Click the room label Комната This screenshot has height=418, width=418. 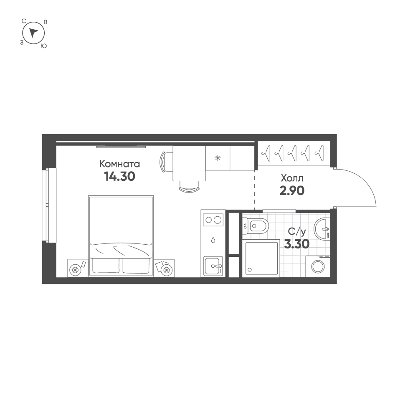[119, 164]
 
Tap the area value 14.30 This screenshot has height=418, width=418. [119, 177]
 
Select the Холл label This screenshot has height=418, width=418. [292, 178]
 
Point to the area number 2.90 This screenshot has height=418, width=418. [292, 191]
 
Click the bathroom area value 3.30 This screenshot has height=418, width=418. [296, 244]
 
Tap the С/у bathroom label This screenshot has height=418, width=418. [296, 231]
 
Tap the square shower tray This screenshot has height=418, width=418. [262, 258]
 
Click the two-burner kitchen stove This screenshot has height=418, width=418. [213, 219]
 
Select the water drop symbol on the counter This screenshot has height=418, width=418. [213, 241]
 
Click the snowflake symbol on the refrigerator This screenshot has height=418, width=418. [217, 158]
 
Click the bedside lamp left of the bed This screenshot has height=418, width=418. [76, 270]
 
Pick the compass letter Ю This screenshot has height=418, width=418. [43, 46]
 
